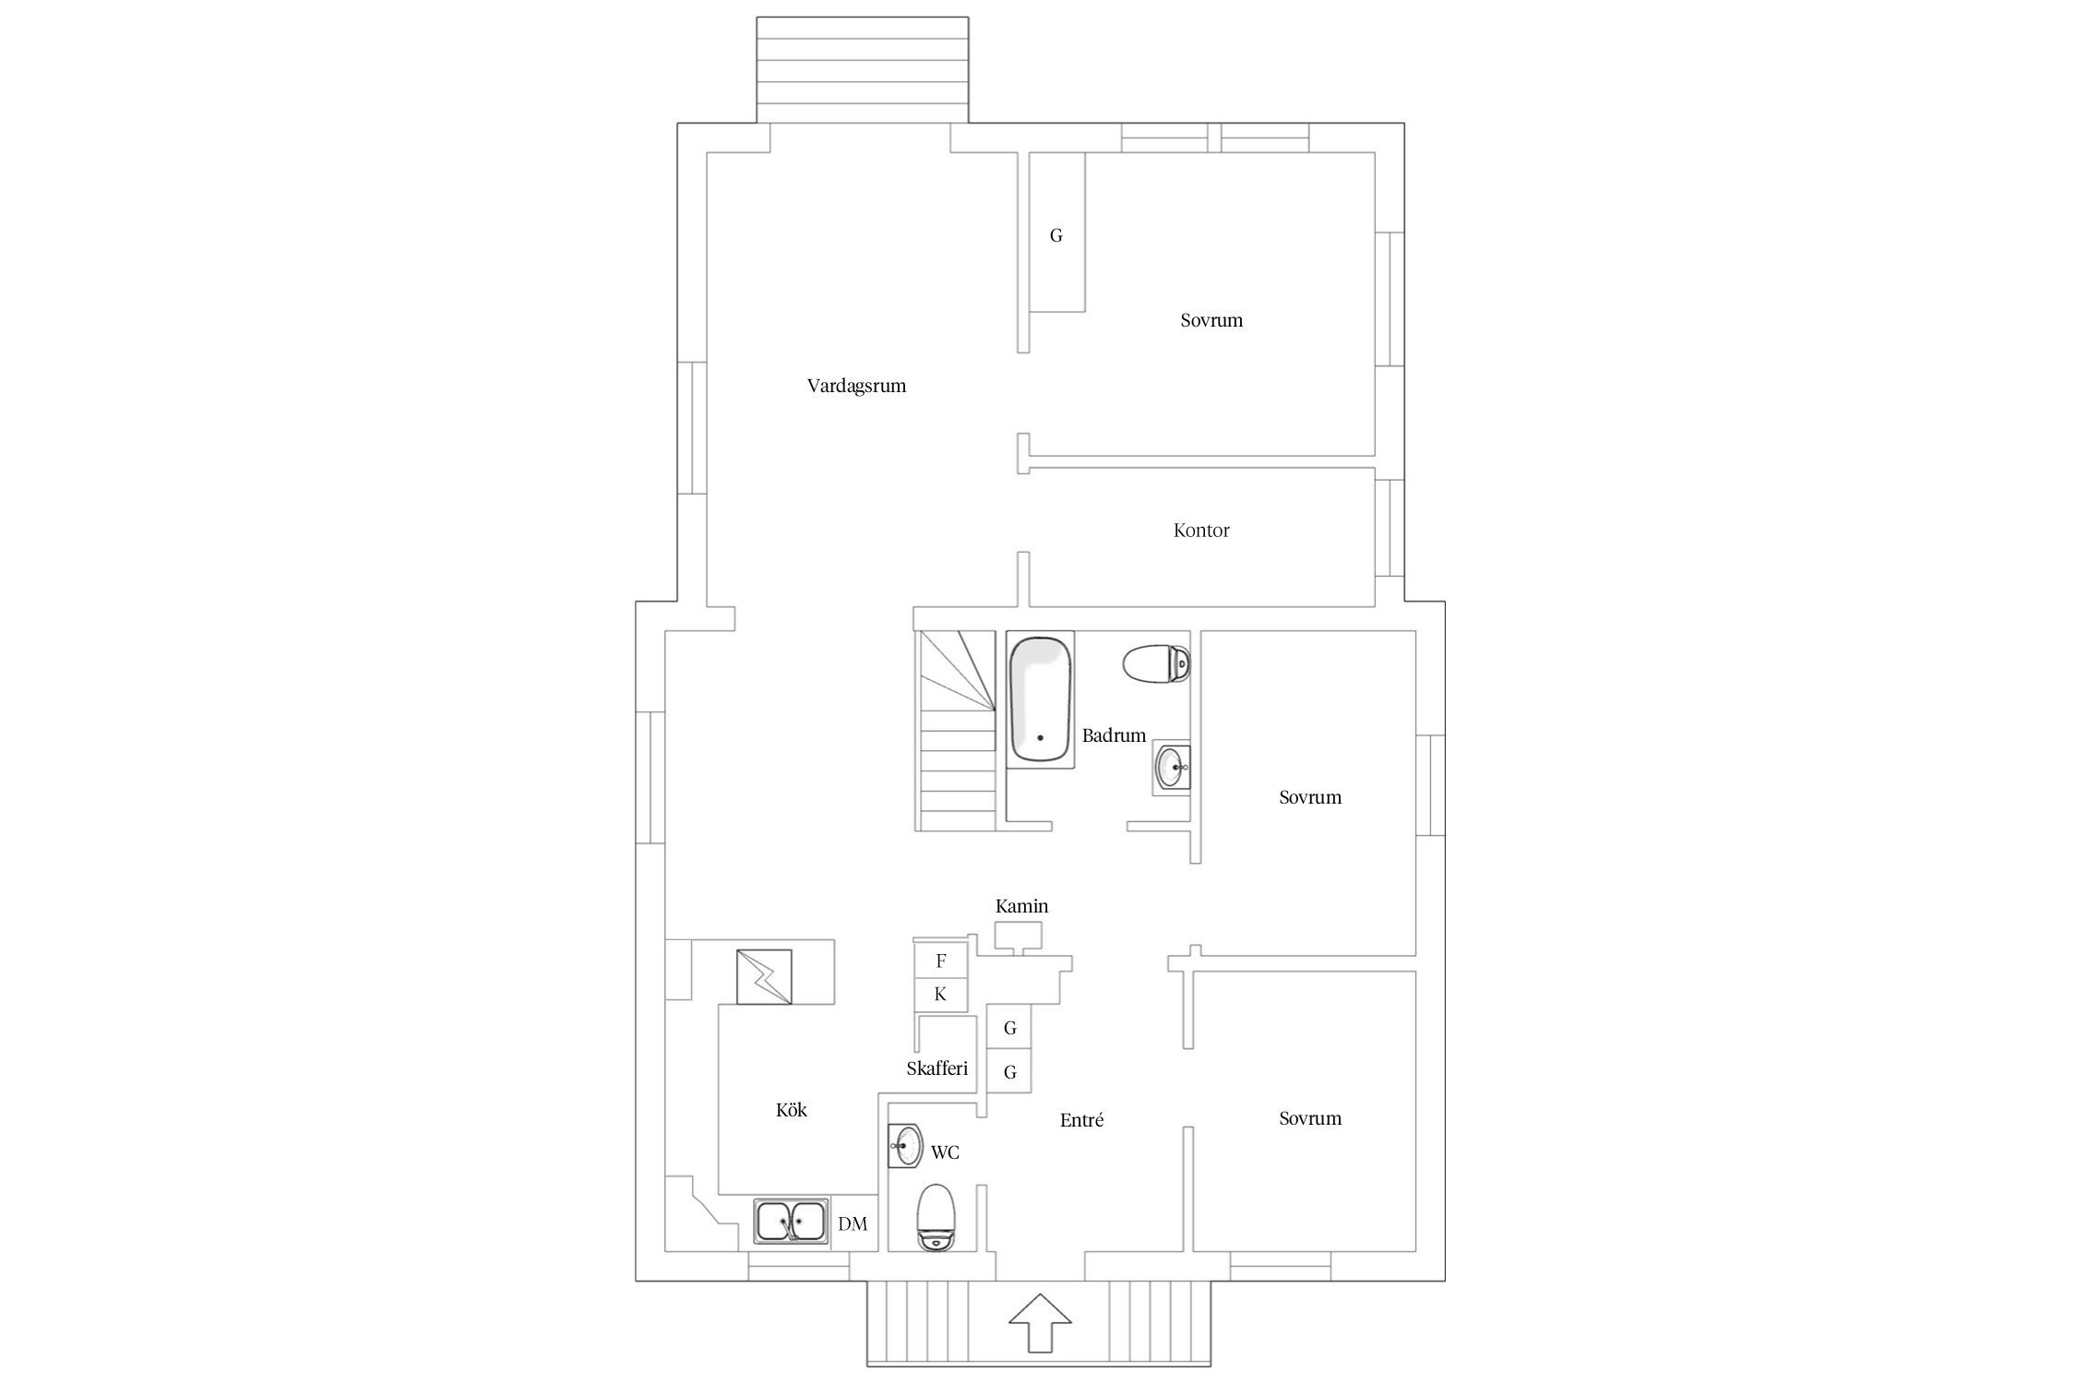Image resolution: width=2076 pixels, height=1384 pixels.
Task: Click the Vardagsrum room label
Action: coord(856,386)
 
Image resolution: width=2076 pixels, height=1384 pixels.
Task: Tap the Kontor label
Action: coord(1201,531)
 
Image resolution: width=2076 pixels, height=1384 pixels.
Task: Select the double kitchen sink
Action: coord(791,1222)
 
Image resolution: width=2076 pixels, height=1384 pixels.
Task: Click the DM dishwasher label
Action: coord(853,1224)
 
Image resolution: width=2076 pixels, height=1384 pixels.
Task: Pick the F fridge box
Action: coord(940,960)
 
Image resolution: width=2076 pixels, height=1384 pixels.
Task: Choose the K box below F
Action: coord(940,995)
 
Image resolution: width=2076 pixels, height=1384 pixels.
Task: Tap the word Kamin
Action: coord(1021,906)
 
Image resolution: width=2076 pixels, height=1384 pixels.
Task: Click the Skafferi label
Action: coord(937,1068)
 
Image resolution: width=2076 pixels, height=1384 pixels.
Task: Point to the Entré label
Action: coord(1081,1120)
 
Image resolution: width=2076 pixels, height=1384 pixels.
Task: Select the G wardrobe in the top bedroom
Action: coord(1056,234)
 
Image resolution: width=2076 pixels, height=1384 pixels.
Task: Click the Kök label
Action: coord(792,1110)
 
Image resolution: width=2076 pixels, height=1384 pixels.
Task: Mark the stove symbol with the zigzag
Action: coord(764,976)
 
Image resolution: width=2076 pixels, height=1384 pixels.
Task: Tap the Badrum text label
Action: coord(1114,735)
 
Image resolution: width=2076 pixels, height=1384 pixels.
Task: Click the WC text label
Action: coord(945,1152)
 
